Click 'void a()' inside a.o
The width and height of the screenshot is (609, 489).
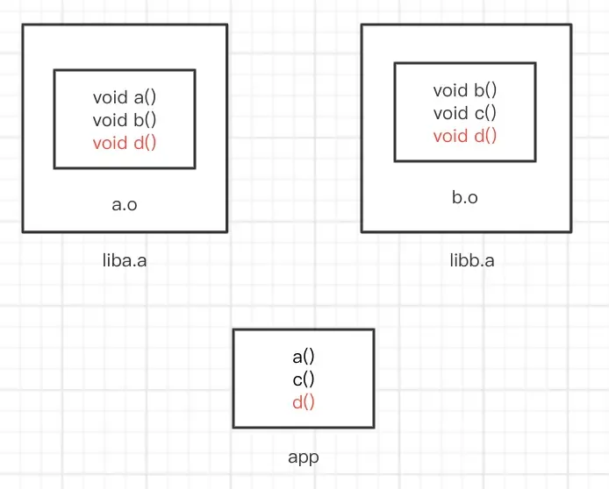[x=125, y=97]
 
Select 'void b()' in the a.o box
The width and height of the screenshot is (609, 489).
[x=125, y=120]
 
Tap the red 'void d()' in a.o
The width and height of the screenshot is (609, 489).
[x=125, y=142]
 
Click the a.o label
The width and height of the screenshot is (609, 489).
[x=125, y=204]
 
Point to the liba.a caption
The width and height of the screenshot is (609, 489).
[x=125, y=260]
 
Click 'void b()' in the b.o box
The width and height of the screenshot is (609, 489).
[x=464, y=90]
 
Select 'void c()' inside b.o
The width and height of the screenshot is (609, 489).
[x=464, y=113]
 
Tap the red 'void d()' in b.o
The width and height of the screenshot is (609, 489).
[x=464, y=135]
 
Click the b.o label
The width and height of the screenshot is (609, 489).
[x=464, y=197]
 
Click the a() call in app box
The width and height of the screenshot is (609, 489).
[x=304, y=357]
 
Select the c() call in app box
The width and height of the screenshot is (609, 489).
[x=304, y=379]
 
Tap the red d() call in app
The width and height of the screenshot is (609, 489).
[x=304, y=401]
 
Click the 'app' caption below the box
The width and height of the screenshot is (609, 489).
[x=304, y=457]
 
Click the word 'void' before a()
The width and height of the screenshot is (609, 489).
[x=109, y=97]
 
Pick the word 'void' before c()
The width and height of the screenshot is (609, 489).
[x=449, y=113]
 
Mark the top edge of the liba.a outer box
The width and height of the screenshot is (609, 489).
[x=125, y=25]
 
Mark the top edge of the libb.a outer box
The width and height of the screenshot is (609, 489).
[x=465, y=25]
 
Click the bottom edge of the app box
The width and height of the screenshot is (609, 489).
[x=304, y=427]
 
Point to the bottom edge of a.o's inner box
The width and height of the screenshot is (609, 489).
[x=125, y=167]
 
